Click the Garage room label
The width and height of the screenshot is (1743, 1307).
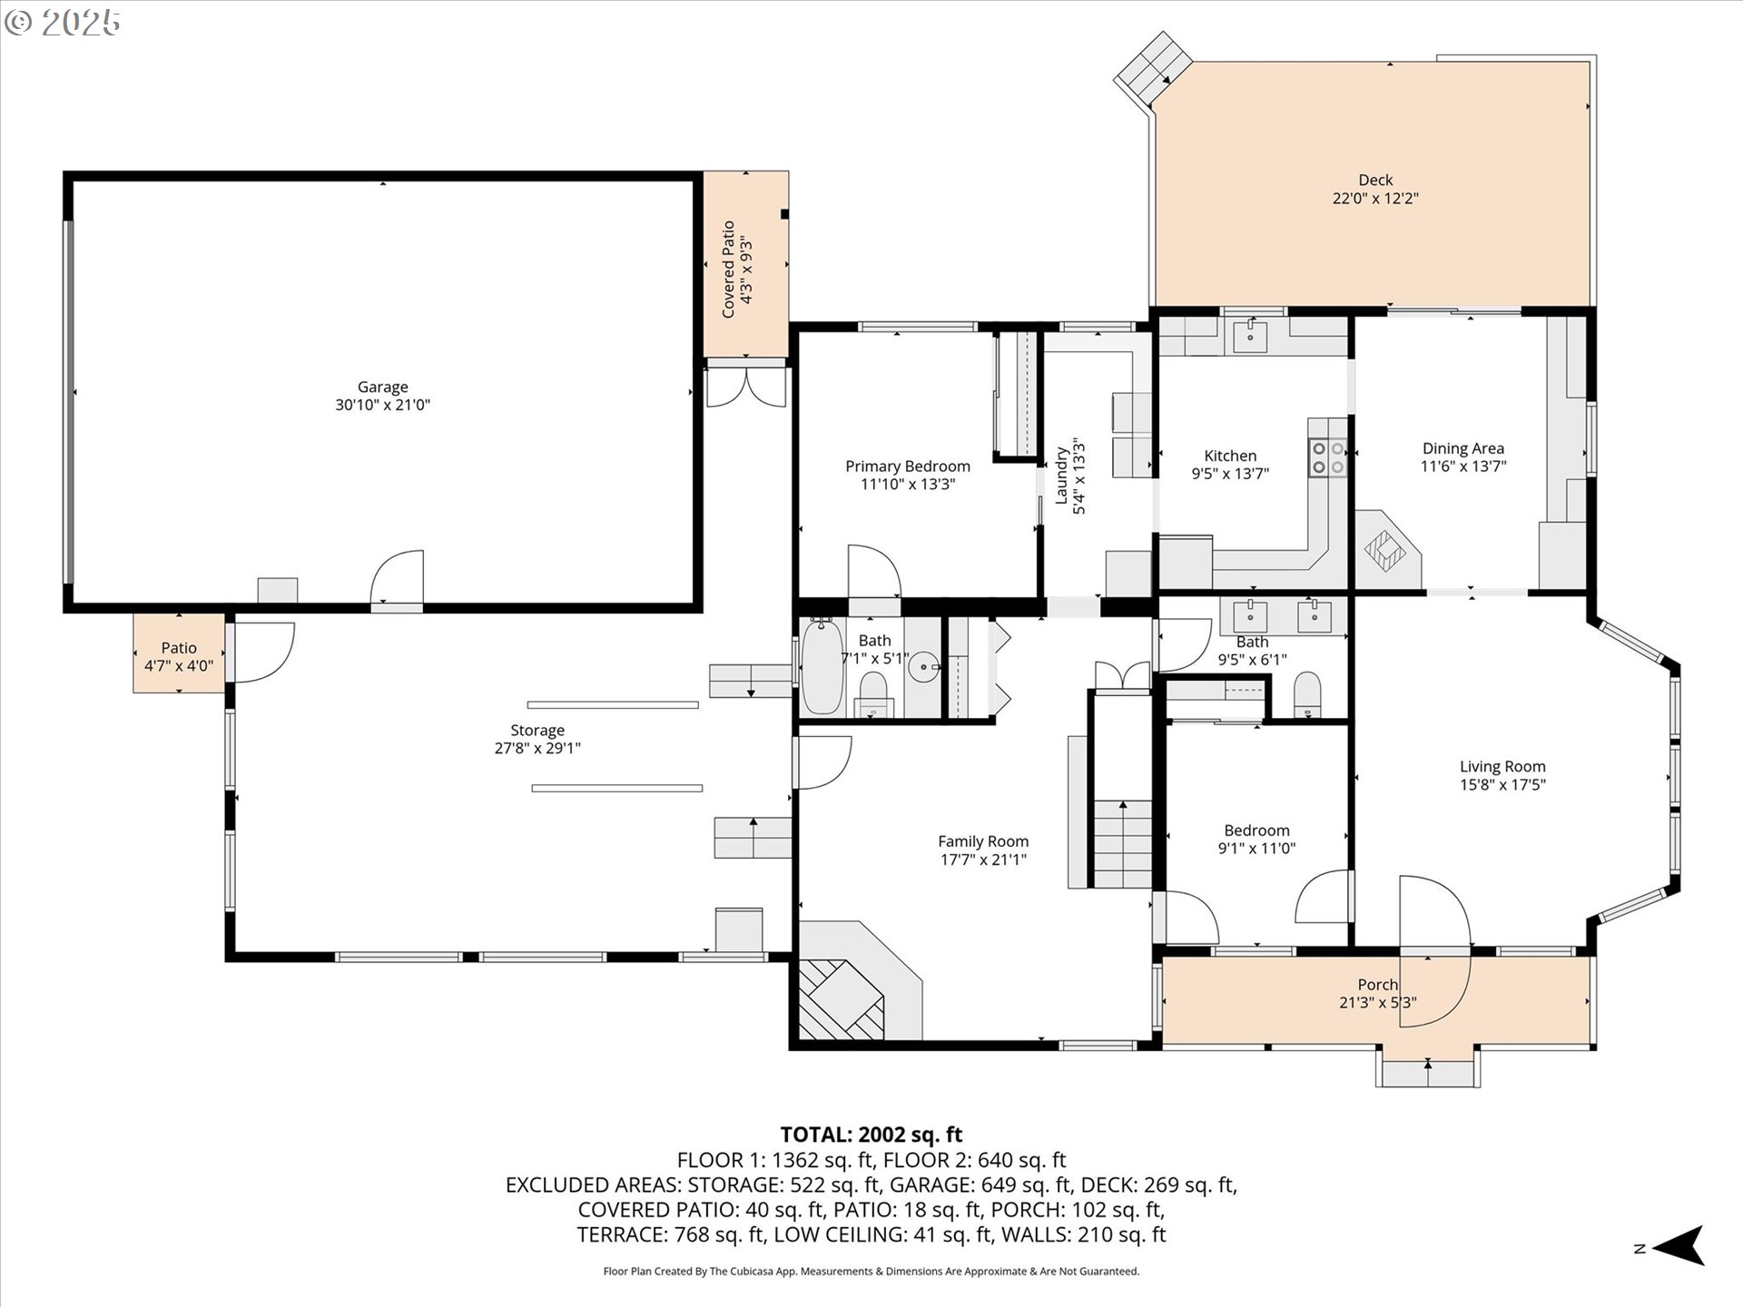[x=382, y=387]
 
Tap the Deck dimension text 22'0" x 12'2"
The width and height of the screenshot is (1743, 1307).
[x=1374, y=198]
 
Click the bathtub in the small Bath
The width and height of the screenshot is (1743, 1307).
[x=822, y=668]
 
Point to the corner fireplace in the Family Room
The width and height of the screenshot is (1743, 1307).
[x=841, y=998]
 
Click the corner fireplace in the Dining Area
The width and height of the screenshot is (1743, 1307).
[x=1384, y=549]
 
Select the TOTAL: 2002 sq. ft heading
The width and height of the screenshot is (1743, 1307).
[x=871, y=1135]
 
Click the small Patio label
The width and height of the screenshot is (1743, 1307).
[x=179, y=647]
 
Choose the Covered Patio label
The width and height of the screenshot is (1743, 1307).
[x=728, y=269]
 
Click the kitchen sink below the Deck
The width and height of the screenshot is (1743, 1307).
[x=1251, y=336]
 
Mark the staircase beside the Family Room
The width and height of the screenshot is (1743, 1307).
[x=1123, y=844]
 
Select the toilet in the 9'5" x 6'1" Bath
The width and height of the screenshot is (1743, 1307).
[x=1307, y=694]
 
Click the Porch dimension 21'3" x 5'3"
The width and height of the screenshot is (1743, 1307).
[x=1377, y=1003]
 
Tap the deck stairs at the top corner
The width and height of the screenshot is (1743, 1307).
[x=1153, y=68]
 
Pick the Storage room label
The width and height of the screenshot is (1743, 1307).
[x=537, y=730]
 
